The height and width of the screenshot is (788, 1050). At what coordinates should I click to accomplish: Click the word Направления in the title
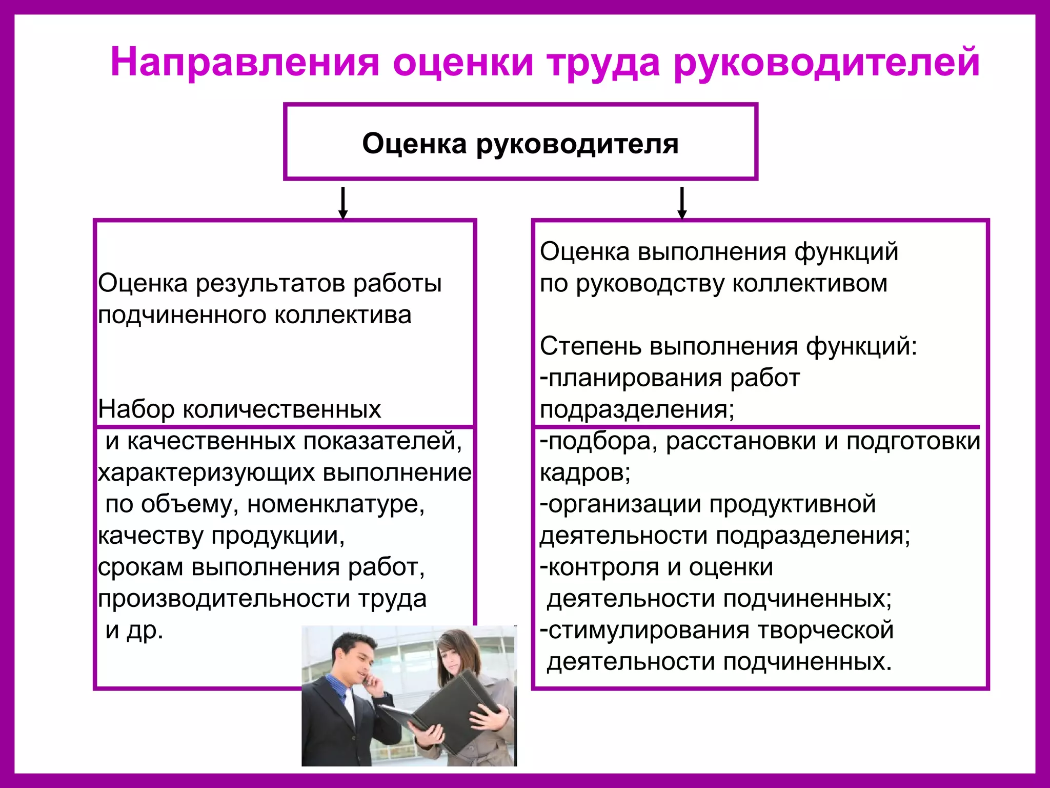(x=245, y=63)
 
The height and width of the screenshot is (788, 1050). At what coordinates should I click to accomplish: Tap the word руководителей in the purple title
(x=826, y=63)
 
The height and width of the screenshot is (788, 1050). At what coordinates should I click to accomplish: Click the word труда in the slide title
(x=603, y=63)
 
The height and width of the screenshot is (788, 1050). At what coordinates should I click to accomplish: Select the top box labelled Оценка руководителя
(x=520, y=143)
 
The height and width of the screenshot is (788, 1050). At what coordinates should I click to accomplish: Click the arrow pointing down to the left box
(x=343, y=203)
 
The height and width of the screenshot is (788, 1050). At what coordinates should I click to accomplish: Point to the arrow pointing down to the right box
(x=682, y=203)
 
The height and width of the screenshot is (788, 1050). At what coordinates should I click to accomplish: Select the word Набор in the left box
(x=136, y=409)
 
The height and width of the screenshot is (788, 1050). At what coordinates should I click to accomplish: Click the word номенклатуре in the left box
(x=336, y=504)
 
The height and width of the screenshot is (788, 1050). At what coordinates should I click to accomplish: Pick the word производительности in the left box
(x=224, y=599)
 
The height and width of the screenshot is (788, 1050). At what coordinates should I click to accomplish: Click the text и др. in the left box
(x=134, y=631)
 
